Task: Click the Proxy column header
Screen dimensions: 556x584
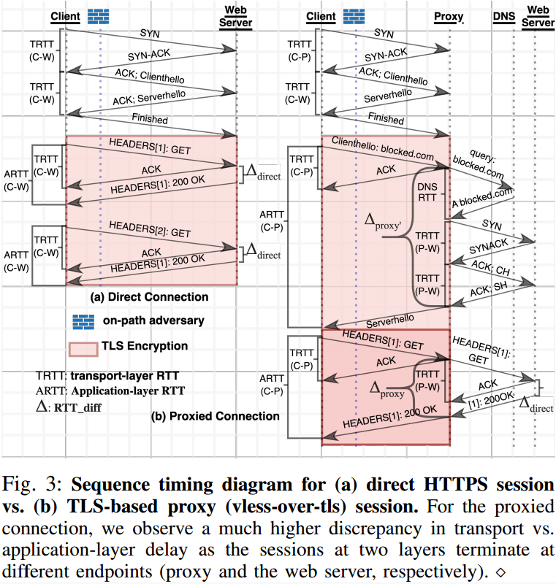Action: (x=449, y=17)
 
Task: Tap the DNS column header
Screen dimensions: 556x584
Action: (x=504, y=16)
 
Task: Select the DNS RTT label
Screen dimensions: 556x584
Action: (x=427, y=192)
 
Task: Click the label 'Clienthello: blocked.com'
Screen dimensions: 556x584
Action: (x=383, y=148)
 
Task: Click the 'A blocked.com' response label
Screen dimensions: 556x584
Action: (x=482, y=198)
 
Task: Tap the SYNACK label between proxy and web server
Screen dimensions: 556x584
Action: (x=488, y=246)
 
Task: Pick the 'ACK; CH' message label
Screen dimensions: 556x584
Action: (x=490, y=267)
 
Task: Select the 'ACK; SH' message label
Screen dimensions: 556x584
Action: (x=488, y=288)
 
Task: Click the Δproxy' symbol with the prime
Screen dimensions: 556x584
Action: (x=382, y=221)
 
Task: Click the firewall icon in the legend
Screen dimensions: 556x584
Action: (x=83, y=322)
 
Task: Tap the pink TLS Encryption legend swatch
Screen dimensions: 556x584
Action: (x=83, y=350)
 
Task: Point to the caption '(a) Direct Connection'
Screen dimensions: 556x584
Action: (x=149, y=297)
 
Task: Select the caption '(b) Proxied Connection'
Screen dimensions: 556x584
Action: (x=215, y=416)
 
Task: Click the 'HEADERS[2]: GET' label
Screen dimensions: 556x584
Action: (x=150, y=229)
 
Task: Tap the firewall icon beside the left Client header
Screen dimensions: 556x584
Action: (x=99, y=17)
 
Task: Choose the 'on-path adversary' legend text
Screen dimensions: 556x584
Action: (x=153, y=320)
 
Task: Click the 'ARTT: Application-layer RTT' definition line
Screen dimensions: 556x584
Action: (x=110, y=391)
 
